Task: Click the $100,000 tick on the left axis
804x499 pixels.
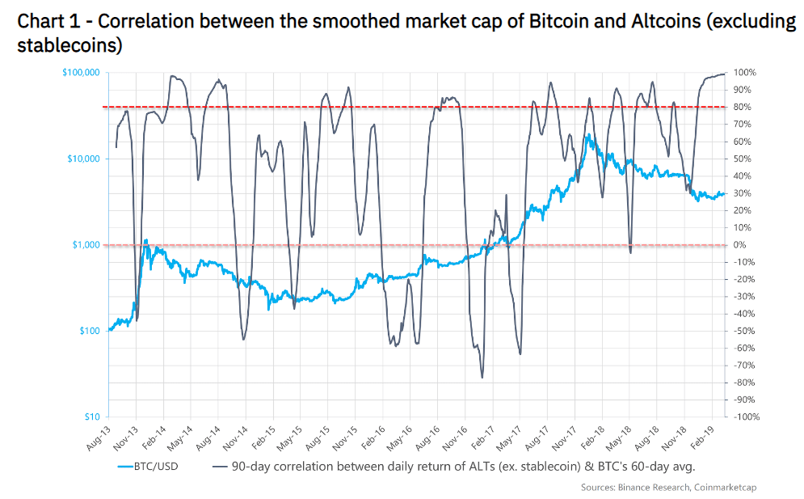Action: (x=81, y=73)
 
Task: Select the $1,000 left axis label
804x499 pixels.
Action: (x=86, y=244)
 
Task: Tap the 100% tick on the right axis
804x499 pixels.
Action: (x=745, y=73)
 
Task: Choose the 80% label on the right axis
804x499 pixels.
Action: (x=743, y=107)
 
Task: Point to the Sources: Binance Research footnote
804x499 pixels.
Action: (x=631, y=488)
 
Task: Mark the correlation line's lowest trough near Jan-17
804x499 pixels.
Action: (x=482, y=377)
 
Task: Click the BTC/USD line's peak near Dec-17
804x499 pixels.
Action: (x=589, y=135)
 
